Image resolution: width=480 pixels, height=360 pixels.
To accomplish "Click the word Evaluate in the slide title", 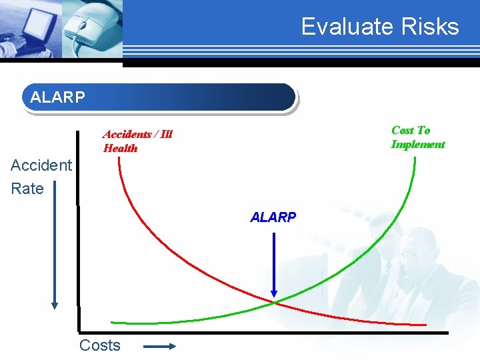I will point(339,27).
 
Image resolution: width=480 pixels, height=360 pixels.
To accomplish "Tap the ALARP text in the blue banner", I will point(58,97).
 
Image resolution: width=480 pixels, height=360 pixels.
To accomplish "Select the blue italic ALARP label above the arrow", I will point(273,217).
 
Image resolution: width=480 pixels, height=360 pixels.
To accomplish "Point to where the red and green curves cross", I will point(273,303).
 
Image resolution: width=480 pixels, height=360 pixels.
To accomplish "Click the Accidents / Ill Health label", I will point(137,141).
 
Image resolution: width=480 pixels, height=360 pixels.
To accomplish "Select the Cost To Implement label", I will point(417,137).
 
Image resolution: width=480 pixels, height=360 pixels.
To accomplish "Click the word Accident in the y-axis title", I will point(41,165).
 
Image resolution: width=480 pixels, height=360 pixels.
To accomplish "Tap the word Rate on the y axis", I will point(27,189).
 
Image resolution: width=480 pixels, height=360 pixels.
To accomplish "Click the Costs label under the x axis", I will point(100,345).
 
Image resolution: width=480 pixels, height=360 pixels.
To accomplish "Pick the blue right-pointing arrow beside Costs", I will point(159,346).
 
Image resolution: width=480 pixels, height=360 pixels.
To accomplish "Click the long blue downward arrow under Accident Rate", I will point(55,253).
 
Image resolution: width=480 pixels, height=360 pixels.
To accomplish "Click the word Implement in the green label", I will point(417,145).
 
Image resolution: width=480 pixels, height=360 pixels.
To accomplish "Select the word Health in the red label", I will point(121,149).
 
